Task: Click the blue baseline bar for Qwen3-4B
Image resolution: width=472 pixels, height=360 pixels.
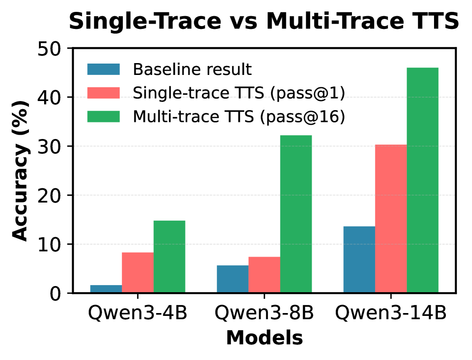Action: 106,289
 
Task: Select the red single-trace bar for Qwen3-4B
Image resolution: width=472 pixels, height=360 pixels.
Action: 138,272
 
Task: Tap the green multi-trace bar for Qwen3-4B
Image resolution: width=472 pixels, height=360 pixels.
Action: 169,257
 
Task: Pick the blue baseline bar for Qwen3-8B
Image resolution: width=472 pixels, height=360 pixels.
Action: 233,279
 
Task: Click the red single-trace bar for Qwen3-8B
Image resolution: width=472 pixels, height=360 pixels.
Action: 264,275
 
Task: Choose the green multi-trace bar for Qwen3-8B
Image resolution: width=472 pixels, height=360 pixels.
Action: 296,214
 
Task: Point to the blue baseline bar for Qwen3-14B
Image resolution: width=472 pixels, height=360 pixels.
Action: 360,259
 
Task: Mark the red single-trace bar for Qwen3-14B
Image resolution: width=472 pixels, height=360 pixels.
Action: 391,219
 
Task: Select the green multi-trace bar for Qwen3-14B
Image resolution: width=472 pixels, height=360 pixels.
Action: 423,180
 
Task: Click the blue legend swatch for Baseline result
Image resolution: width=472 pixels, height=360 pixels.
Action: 103,69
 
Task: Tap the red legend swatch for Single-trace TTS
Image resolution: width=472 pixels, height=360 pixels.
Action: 103,92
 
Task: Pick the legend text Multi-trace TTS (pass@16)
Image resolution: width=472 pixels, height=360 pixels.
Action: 239,117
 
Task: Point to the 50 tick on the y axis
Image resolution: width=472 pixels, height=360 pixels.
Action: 69,48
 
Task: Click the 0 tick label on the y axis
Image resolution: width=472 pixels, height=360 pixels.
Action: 55,294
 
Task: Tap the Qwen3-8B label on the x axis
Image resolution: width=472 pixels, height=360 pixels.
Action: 264,313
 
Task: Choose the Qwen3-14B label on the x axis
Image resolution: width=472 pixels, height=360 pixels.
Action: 391,313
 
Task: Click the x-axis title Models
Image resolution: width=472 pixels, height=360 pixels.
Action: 264,338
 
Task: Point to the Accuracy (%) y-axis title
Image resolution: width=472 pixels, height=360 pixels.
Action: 20,170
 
